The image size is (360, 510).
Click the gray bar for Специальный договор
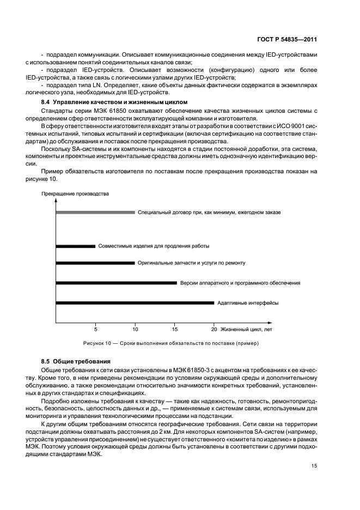click(95, 212)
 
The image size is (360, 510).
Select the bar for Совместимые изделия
click(76, 246)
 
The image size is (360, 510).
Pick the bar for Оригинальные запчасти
click(95, 263)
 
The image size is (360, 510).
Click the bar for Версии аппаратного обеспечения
click(117, 283)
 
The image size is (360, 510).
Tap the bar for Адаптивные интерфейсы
click(135, 303)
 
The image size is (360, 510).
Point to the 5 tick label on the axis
click(96, 329)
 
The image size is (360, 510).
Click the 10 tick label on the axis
click(135, 329)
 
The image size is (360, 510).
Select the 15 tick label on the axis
click(175, 329)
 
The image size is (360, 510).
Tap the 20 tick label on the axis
click(214, 329)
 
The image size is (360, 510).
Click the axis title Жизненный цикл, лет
click(247, 329)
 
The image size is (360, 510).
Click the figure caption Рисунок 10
click(171, 344)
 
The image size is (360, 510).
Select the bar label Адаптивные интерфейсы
click(248, 303)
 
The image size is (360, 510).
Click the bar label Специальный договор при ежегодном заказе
click(210, 212)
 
